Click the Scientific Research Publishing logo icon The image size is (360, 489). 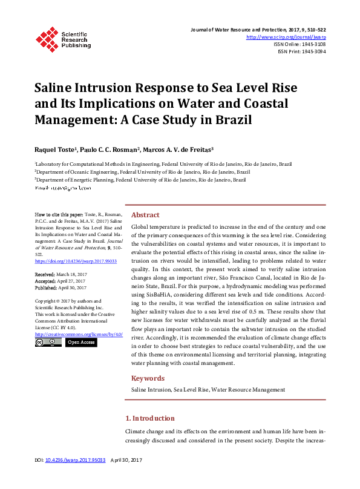tap(47, 38)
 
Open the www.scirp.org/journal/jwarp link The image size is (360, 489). tap(292, 37)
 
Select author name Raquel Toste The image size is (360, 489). tap(53, 149)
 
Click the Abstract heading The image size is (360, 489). tap(145, 215)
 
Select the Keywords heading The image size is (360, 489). tap(148, 378)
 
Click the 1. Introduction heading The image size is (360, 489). tap(149, 418)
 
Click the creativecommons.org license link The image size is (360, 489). tap(79, 333)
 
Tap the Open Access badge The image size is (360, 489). tap(80, 343)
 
